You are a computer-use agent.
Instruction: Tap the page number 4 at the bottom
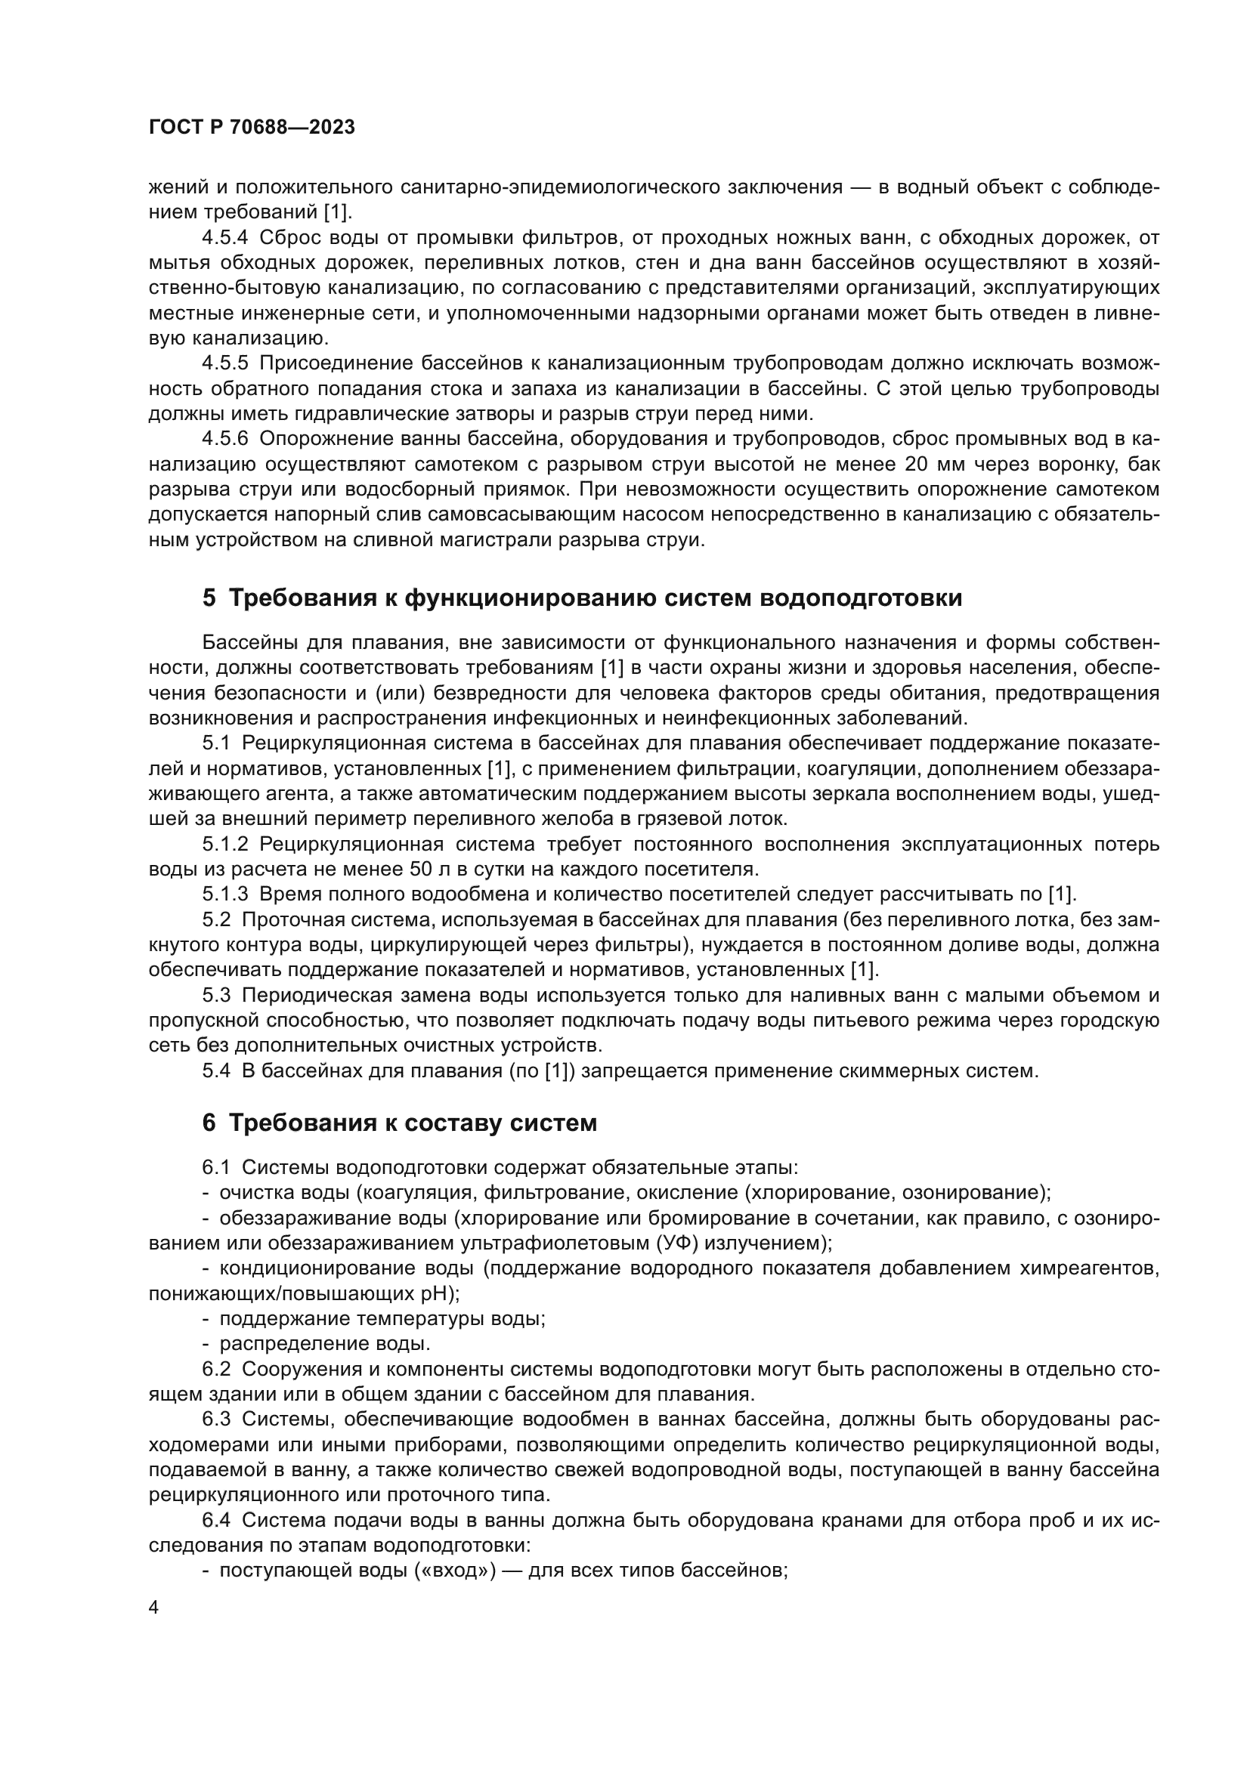click(x=154, y=1608)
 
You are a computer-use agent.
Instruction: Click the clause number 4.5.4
click(x=224, y=237)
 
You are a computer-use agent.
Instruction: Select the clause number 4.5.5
click(x=224, y=363)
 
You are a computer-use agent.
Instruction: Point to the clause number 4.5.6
click(x=224, y=439)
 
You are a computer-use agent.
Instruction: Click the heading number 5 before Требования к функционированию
click(x=209, y=598)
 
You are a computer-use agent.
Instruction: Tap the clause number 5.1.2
click(x=224, y=845)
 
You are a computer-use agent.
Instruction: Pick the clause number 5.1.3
click(x=224, y=894)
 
